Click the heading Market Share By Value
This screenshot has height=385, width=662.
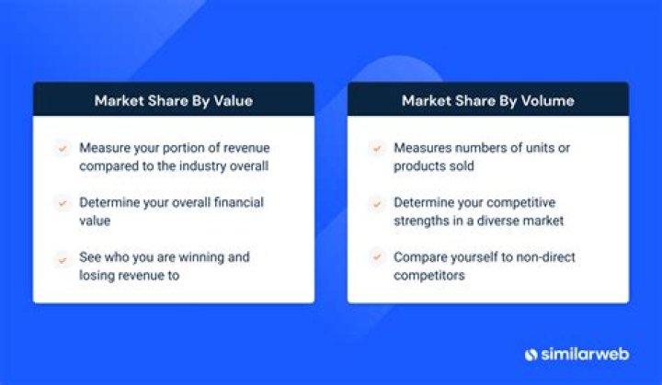[x=173, y=100]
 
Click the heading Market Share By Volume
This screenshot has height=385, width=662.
[x=487, y=100]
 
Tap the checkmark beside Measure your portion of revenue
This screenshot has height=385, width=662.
[x=63, y=148]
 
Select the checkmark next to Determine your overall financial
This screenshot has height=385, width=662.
[x=63, y=203]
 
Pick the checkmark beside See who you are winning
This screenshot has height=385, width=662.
[x=63, y=258]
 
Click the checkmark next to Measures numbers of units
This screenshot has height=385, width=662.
[x=376, y=148]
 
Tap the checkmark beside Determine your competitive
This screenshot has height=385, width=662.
[x=376, y=203]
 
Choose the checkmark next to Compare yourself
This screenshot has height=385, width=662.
[x=376, y=258]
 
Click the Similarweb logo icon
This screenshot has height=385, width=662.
[x=531, y=355]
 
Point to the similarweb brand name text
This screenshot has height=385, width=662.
[x=584, y=355]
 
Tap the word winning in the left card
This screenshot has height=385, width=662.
[x=199, y=257]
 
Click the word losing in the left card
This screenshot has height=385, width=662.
[x=99, y=276]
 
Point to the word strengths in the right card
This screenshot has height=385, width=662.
[x=423, y=221]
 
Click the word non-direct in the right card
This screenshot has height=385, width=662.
[x=531, y=257]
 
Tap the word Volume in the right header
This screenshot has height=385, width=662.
[x=548, y=100]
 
